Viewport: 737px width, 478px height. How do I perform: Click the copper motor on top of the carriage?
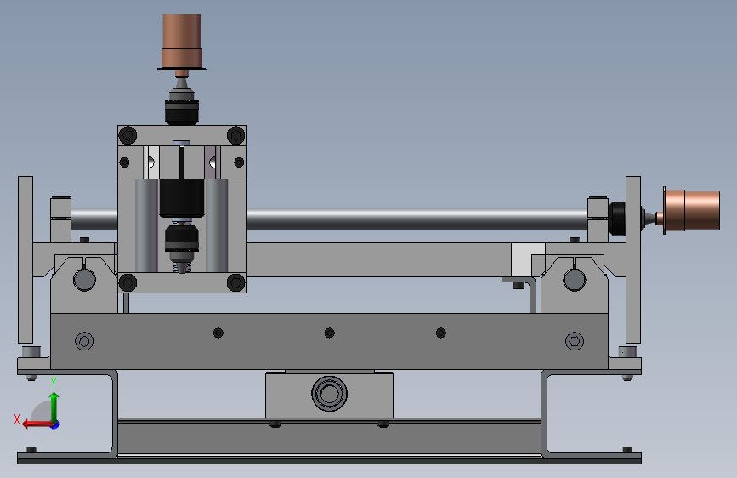[x=182, y=41]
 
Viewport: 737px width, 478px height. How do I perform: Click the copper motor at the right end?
[x=691, y=210]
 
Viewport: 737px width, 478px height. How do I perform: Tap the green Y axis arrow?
[x=54, y=407]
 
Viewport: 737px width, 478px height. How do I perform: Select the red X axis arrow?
[x=37, y=424]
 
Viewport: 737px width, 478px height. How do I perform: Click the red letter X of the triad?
[x=17, y=419]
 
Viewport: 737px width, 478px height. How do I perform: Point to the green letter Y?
[x=54, y=383]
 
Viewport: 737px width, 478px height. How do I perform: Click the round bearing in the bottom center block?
[x=329, y=393]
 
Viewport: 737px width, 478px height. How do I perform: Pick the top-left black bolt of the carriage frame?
[x=128, y=135]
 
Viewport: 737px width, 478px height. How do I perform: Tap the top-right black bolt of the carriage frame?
[x=236, y=135]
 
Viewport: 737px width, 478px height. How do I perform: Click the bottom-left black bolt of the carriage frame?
[x=128, y=282]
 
